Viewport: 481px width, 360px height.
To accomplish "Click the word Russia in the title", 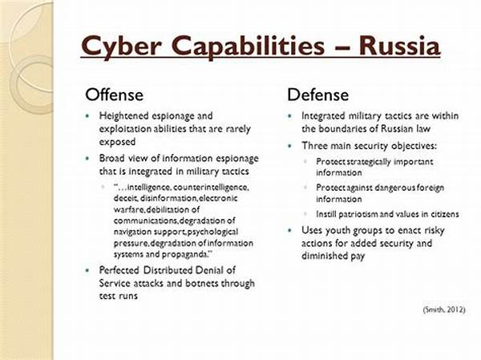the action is [400, 46].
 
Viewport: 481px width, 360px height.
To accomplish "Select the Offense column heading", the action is [114, 95].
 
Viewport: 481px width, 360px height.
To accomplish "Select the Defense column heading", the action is [317, 95].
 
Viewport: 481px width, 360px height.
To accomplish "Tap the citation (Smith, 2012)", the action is [444, 309].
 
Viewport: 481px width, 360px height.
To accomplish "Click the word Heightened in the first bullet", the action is [123, 116].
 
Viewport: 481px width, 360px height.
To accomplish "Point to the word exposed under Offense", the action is [117, 142].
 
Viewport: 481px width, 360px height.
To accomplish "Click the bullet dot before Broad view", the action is [87, 159].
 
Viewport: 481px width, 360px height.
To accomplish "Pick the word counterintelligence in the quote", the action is [211, 187].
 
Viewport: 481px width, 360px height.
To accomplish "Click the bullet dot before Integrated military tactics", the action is [289, 116].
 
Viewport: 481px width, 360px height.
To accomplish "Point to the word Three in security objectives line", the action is [314, 145].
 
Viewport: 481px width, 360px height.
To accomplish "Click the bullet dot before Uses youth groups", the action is [289, 231].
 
